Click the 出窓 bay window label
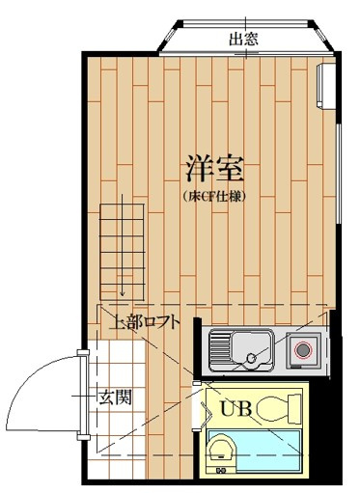point(243,40)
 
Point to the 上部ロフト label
point(145,322)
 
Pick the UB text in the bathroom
point(235,407)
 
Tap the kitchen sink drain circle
point(252,359)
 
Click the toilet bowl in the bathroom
point(274,409)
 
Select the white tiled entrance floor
point(116,367)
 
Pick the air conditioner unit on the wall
point(329,84)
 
